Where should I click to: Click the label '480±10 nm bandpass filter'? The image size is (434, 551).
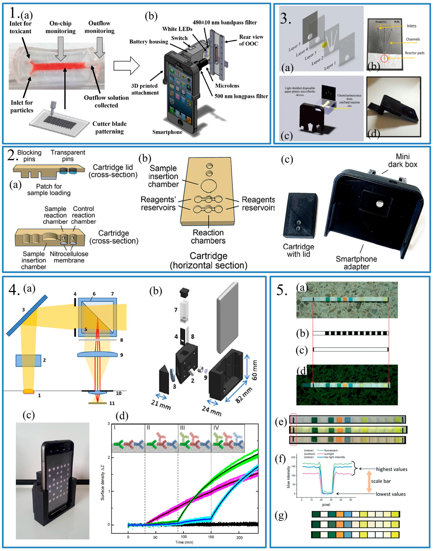click(225, 22)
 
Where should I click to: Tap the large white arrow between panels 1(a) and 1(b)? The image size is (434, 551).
click(126, 66)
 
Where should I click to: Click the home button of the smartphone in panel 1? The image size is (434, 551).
click(180, 123)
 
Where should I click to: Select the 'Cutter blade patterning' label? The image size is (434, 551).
click(110, 128)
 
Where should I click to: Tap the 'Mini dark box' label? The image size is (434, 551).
click(403, 160)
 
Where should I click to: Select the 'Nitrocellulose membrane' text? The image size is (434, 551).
click(69, 257)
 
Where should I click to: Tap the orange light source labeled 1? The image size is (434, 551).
click(28, 391)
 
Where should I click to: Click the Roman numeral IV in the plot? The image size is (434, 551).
click(216, 428)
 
